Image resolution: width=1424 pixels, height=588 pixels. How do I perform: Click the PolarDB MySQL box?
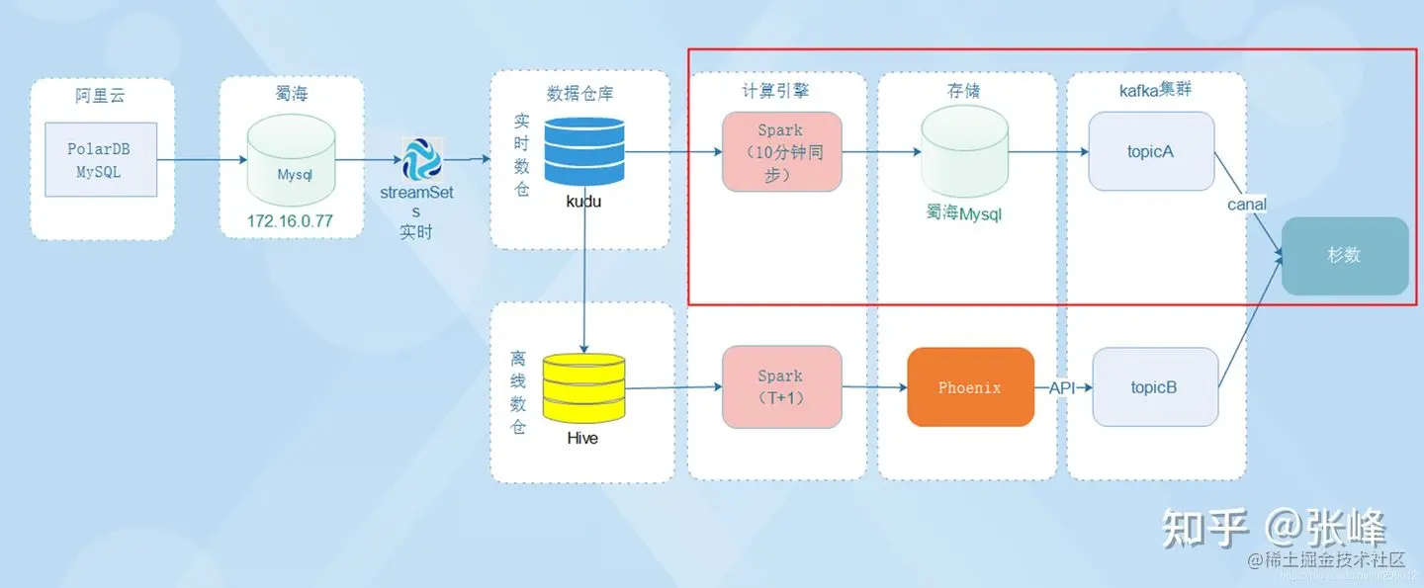[99, 161]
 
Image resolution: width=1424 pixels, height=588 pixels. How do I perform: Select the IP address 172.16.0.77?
[291, 223]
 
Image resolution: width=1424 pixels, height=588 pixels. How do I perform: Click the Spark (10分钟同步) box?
[781, 152]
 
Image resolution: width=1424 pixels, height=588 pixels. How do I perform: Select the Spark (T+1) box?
[781, 387]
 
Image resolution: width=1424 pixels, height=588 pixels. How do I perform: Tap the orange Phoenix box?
[970, 387]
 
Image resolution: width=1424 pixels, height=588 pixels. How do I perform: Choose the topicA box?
[1151, 152]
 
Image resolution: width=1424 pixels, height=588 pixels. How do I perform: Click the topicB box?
[1154, 387]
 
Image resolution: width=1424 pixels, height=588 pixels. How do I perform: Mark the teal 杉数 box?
[1344, 255]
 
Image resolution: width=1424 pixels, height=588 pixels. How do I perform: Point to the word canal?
[1247, 204]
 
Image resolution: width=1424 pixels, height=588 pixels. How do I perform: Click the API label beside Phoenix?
[1062, 388]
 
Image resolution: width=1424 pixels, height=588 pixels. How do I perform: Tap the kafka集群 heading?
[1155, 90]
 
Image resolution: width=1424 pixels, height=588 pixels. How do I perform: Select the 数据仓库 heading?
[580, 94]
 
